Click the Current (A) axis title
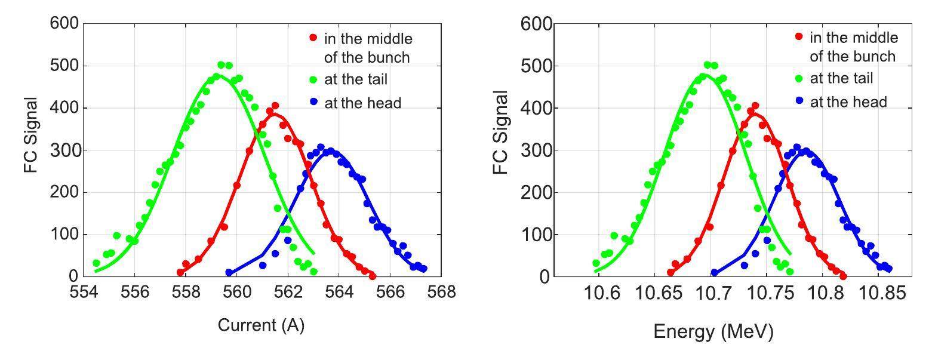click(x=261, y=325)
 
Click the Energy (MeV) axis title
click(x=713, y=332)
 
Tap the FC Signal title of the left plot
click(x=31, y=135)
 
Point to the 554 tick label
click(x=83, y=292)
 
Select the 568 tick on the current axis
click(x=442, y=292)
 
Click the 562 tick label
click(x=288, y=292)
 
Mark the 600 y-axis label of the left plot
click(x=63, y=23)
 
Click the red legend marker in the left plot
click(x=313, y=38)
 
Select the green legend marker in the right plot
click(x=799, y=79)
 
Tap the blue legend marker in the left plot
click(x=313, y=103)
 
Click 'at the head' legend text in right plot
click(x=848, y=102)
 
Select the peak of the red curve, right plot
click(x=753, y=113)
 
